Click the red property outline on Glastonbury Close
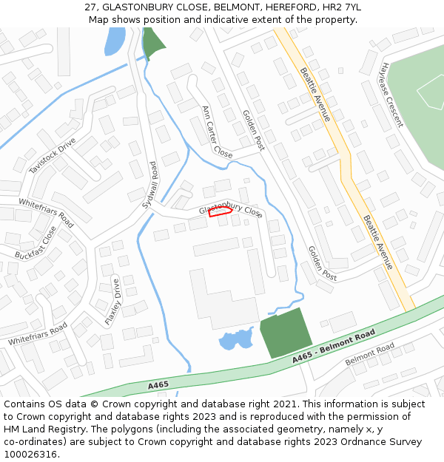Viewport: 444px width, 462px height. (x=221, y=212)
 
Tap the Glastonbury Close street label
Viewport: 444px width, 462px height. (x=231, y=211)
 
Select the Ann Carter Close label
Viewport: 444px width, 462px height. (x=217, y=132)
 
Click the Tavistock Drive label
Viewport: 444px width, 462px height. (x=53, y=156)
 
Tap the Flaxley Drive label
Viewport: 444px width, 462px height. (x=112, y=302)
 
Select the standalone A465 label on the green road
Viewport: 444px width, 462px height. (x=158, y=385)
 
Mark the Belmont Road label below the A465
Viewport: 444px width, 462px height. (x=370, y=355)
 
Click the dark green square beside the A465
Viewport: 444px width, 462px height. (x=285, y=335)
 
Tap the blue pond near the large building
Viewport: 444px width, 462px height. (x=236, y=339)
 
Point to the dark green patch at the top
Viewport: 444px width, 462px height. (x=153, y=44)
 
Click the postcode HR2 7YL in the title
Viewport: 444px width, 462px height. (x=339, y=7)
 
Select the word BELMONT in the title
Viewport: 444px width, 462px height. (x=236, y=7)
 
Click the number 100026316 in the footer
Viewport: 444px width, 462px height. (x=30, y=454)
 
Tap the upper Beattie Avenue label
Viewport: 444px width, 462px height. (x=316, y=95)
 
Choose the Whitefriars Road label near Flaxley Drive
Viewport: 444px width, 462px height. (x=38, y=334)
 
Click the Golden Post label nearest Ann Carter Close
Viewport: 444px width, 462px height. (x=254, y=130)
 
